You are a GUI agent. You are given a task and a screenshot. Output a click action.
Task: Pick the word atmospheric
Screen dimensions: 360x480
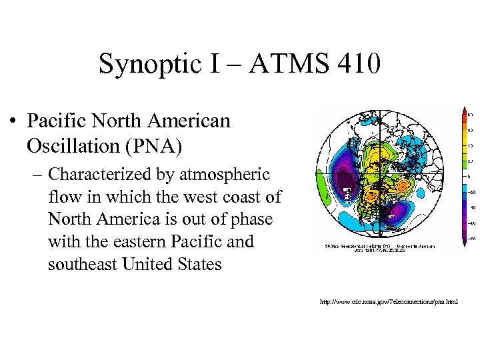[229, 175]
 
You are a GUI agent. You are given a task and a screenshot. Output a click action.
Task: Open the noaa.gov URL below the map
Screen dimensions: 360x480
[389, 302]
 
